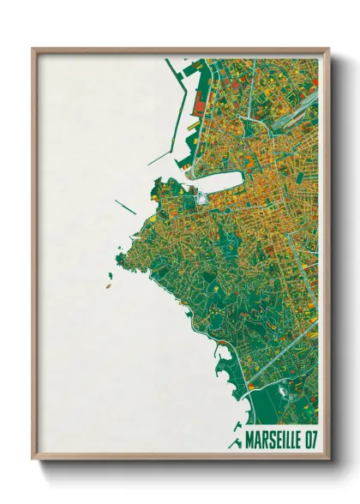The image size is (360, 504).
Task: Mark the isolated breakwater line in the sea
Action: pos(125,207)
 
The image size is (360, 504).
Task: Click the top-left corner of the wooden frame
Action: pos(33,49)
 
